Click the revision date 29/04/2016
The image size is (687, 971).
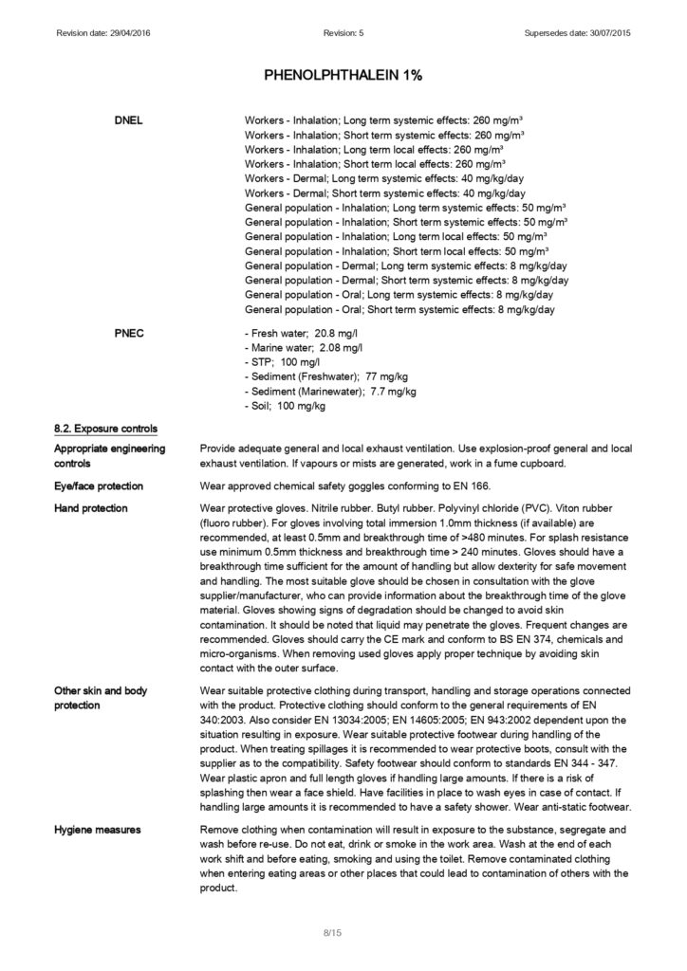(130, 34)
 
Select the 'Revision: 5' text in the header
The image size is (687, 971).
(343, 34)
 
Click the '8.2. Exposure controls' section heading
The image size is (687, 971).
(105, 429)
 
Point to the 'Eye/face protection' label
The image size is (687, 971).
(99, 486)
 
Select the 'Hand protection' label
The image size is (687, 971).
(91, 509)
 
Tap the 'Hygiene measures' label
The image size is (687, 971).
(98, 830)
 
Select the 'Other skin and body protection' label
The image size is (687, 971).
(101, 698)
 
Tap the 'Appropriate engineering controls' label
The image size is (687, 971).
(109, 455)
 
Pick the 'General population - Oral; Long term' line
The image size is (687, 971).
(399, 295)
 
